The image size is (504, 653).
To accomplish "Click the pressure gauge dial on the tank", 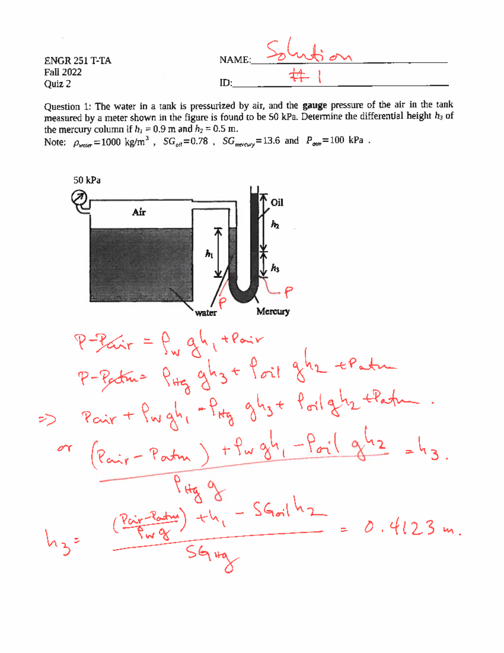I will pos(79,197).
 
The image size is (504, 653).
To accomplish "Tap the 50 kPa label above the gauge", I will pos(87,180).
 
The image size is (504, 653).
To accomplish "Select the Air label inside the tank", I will pos(139,212).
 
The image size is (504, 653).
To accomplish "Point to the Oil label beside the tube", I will pos(277,203).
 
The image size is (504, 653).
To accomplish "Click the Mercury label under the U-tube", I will pos(273,312).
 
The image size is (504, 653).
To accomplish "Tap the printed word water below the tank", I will pos(206,313).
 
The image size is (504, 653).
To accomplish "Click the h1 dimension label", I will pos(209,254).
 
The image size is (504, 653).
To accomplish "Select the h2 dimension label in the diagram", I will pos(275,225).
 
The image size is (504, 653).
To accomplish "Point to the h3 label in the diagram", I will pos(275,268).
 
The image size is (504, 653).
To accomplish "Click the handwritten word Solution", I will pos(309,53).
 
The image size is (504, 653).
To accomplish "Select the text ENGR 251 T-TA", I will pos(78,61).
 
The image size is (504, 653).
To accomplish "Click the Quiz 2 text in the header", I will pos(58,84).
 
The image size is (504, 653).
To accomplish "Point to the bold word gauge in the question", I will pos(315,105).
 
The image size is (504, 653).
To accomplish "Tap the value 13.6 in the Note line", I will pos(271,141).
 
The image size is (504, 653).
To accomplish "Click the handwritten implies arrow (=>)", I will pos(47,420).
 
